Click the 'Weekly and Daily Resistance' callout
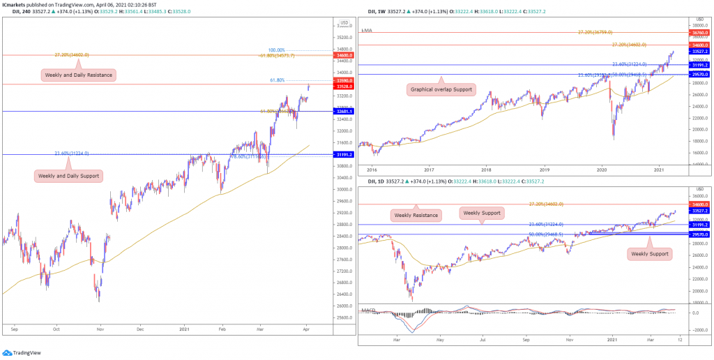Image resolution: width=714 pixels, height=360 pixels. coord(78,75)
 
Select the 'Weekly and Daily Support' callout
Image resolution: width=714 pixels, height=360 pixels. coord(68,176)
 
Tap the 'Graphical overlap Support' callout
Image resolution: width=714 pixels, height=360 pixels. coord(440,89)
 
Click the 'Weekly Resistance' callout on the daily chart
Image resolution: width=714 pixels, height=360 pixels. coord(416,215)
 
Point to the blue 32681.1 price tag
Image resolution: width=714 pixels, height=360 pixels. coord(345,111)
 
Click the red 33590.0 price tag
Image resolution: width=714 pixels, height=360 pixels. coord(345,81)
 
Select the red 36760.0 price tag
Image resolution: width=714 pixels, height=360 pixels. coord(699,33)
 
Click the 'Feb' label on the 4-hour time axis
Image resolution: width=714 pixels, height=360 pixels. coord(223,327)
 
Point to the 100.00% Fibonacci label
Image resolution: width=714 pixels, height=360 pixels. coord(276,50)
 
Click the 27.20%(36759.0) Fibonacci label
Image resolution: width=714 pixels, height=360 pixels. coord(595,32)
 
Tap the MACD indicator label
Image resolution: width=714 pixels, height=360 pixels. coord(368,310)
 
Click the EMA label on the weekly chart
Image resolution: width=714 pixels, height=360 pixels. coord(367,31)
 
